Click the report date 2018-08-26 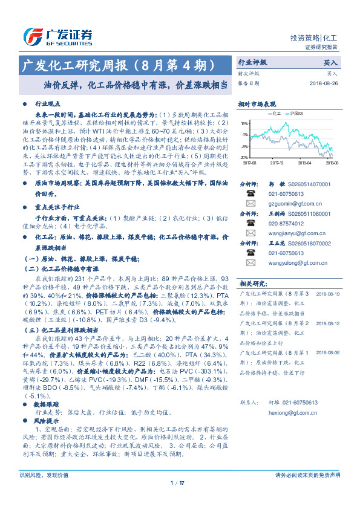324,83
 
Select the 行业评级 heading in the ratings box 252,62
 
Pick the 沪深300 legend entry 296,112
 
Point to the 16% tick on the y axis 244,123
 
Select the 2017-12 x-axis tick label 277,163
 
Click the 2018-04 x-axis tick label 304,163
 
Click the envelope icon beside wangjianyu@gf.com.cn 250,233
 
